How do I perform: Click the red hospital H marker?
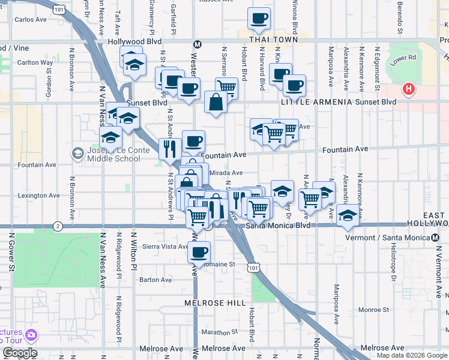pyautogui.click(x=409, y=89)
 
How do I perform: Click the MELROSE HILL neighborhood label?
pyautogui.click(x=215, y=303)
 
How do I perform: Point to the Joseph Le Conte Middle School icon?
pyautogui.click(x=77, y=154)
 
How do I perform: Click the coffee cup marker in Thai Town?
pyautogui.click(x=259, y=19)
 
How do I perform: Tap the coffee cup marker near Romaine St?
pyautogui.click(x=199, y=252)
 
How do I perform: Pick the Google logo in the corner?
pyautogui.click(x=19, y=353)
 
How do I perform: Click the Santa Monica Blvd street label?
pyautogui.click(x=278, y=226)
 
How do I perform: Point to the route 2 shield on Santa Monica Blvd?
pyautogui.click(x=57, y=226)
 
